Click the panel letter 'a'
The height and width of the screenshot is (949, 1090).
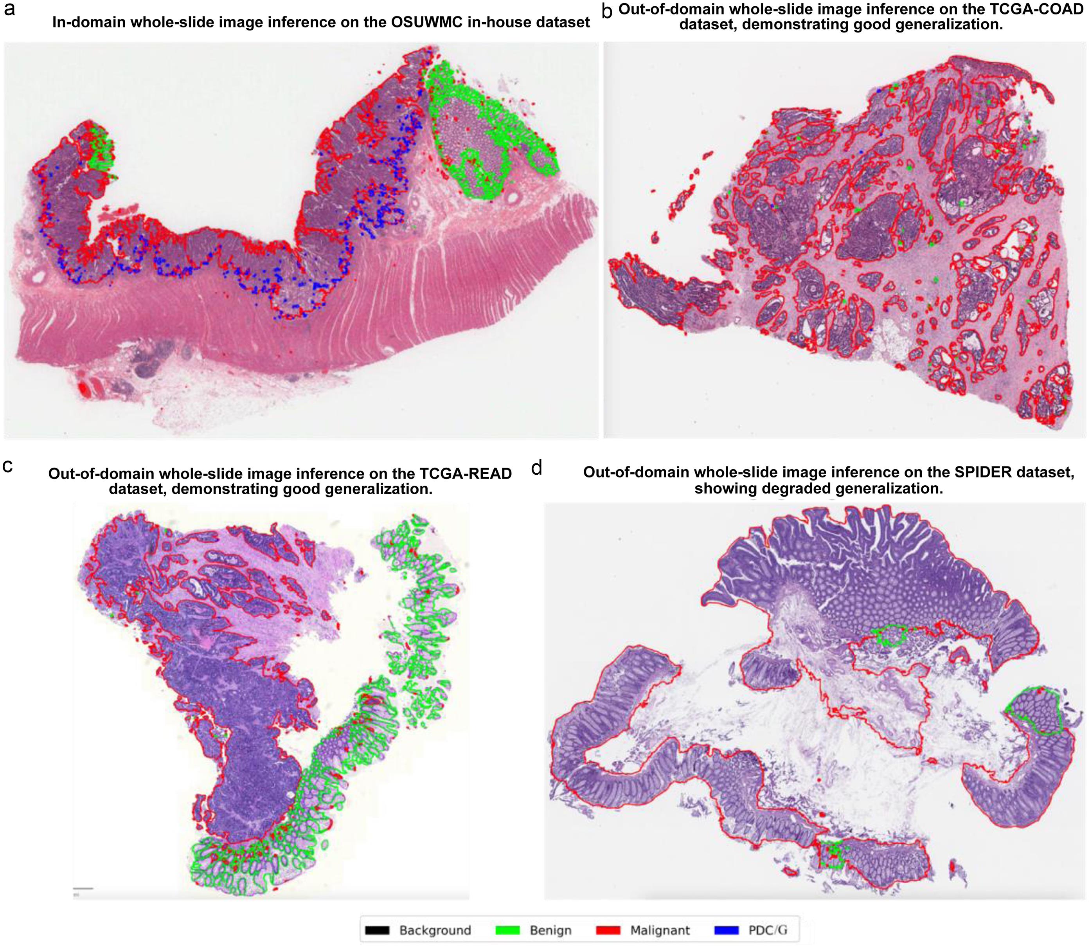(x=9, y=9)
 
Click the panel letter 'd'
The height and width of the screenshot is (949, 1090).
(x=537, y=468)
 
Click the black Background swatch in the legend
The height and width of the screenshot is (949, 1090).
(x=378, y=930)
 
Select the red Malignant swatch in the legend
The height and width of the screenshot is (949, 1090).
(x=608, y=930)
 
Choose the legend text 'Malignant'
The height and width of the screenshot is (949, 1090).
(x=660, y=931)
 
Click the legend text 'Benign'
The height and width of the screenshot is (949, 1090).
(x=550, y=931)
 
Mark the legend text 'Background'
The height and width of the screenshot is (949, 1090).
(x=435, y=931)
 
